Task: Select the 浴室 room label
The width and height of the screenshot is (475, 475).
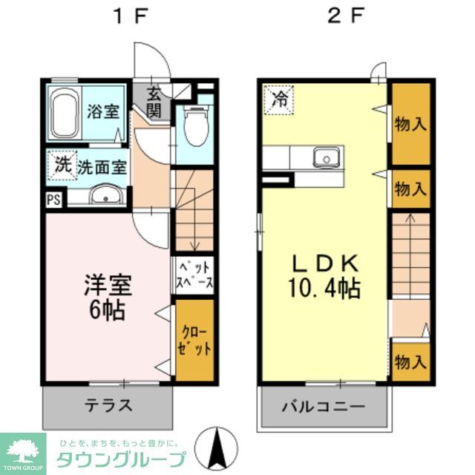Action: click(103, 113)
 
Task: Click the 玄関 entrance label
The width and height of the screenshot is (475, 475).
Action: click(154, 102)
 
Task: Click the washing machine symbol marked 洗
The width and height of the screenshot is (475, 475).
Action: click(62, 166)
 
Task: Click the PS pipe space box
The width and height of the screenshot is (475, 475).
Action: click(53, 199)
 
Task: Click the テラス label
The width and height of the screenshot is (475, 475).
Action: click(108, 405)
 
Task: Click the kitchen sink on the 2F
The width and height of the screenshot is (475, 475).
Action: click(325, 157)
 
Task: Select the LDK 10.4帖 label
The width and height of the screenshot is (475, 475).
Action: click(325, 275)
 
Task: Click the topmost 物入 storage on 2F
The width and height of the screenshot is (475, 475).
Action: click(410, 123)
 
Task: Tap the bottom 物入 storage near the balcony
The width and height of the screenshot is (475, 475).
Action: click(410, 361)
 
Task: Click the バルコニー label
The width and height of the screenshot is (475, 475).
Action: click(324, 407)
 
